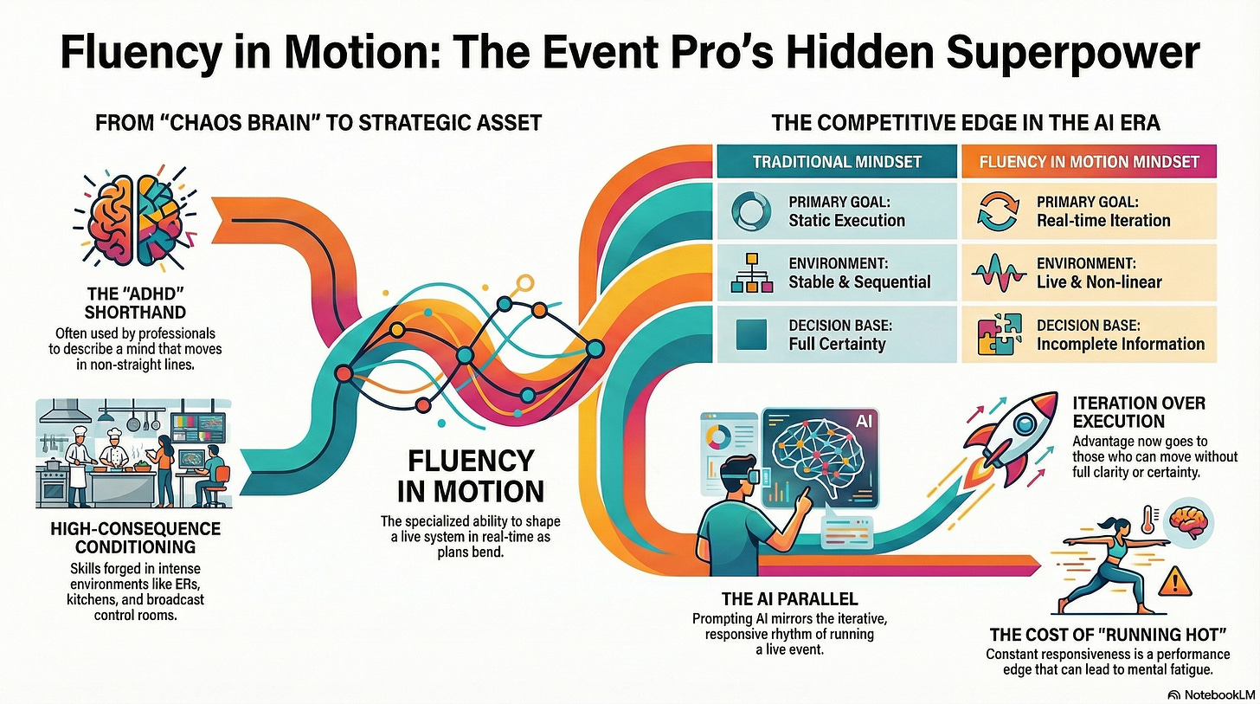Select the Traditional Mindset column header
tap(838, 162)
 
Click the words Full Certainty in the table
tap(837, 344)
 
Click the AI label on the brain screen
tap(864, 420)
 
